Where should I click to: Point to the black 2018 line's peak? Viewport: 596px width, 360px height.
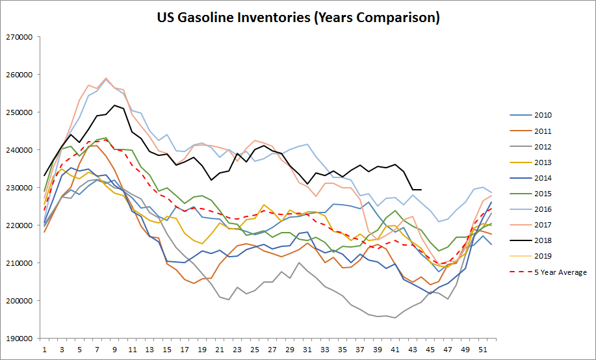[114, 105]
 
